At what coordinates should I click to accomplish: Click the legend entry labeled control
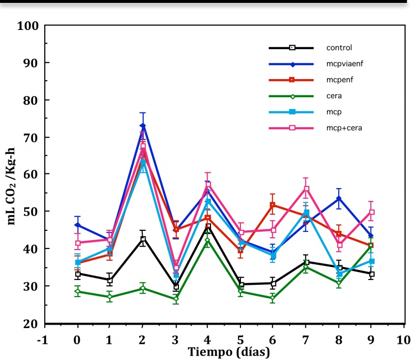[x=339, y=48]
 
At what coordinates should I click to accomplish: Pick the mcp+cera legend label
[x=345, y=128]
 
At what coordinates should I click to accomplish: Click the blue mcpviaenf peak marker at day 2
[x=143, y=126]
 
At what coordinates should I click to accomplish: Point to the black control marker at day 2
[x=143, y=239]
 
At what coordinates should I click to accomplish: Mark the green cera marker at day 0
[x=78, y=291]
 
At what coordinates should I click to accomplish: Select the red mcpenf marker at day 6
[x=273, y=205]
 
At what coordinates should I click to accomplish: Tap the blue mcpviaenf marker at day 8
[x=339, y=198]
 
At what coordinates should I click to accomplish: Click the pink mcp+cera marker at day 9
[x=371, y=212]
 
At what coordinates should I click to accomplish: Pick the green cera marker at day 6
[x=273, y=298]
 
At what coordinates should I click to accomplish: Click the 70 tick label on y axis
[x=30, y=137]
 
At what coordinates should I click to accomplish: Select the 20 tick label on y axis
[x=30, y=323]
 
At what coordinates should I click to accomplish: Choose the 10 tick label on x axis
[x=404, y=339]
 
